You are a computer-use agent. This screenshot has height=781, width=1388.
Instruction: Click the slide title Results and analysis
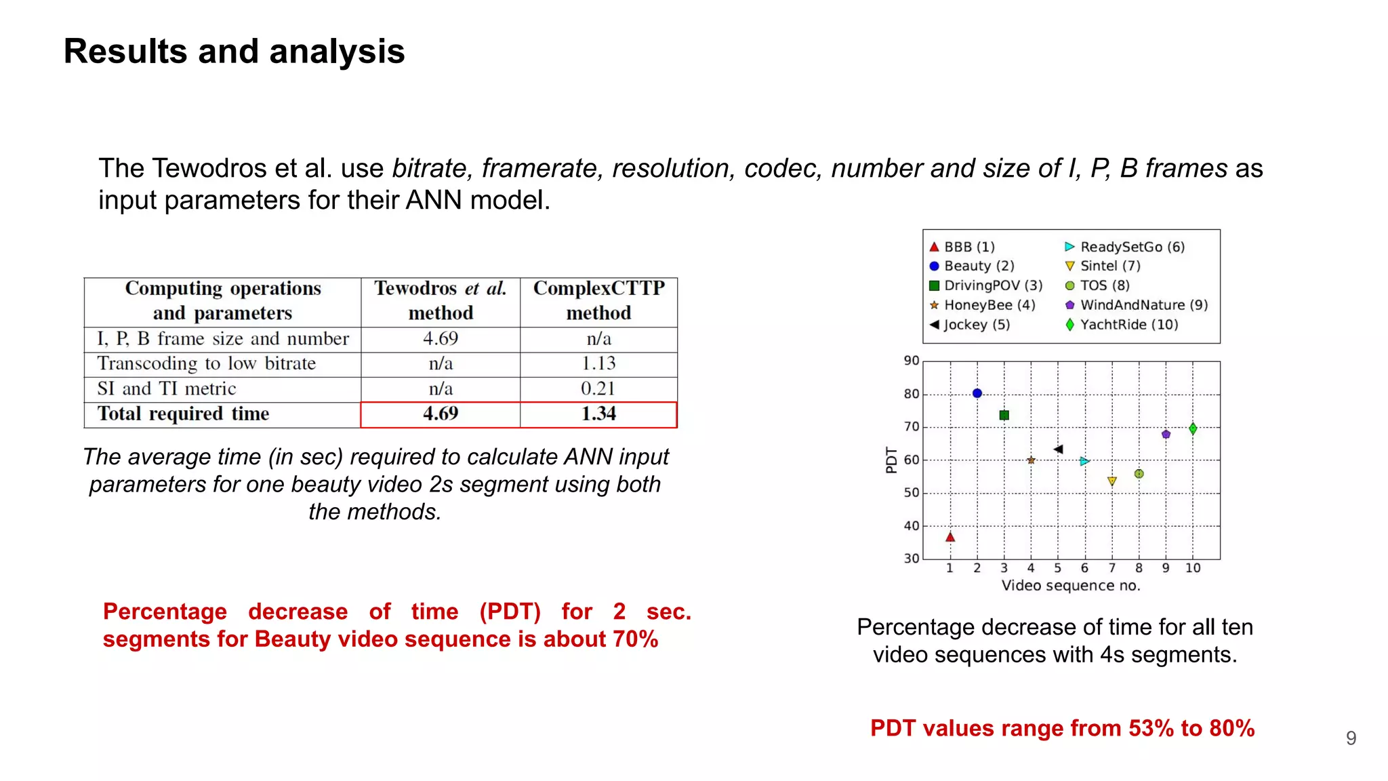(x=234, y=52)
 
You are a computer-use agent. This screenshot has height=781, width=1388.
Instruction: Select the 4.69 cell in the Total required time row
(x=441, y=414)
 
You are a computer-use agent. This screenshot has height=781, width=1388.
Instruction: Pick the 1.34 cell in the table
(x=598, y=414)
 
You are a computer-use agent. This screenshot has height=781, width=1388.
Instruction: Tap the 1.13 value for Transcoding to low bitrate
(x=598, y=363)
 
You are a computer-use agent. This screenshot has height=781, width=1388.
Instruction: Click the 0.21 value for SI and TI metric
(x=598, y=388)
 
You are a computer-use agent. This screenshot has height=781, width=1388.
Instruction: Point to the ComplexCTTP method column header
(x=598, y=300)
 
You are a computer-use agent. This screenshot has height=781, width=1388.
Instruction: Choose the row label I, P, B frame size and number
(x=223, y=338)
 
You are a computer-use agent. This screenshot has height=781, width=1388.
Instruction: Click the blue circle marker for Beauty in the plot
(x=977, y=393)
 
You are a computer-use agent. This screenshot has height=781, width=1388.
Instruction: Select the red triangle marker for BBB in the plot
(x=950, y=537)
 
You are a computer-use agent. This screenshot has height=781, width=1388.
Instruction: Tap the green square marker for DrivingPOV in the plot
(x=1004, y=415)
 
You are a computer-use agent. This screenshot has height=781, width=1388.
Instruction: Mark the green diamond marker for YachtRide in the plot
(x=1193, y=428)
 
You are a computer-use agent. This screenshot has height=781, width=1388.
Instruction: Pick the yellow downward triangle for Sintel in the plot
(x=1112, y=481)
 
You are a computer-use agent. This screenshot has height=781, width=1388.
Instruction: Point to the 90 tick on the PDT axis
(x=912, y=361)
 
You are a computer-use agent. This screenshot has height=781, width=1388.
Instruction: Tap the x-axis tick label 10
(x=1193, y=568)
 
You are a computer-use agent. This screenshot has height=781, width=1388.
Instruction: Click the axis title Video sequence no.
(x=1071, y=586)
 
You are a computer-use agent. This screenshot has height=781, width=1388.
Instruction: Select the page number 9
(x=1351, y=738)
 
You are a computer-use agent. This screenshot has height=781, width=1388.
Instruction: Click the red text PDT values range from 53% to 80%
(x=1062, y=728)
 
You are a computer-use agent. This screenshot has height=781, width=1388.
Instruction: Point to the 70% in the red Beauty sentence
(x=635, y=639)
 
